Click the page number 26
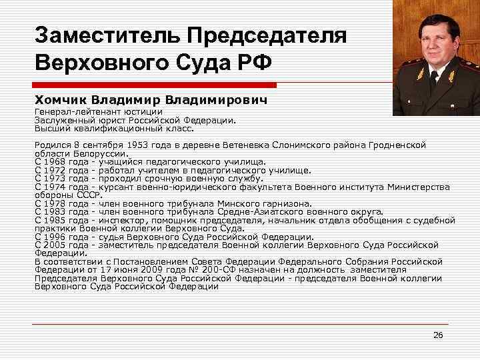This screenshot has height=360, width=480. (438, 334)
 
